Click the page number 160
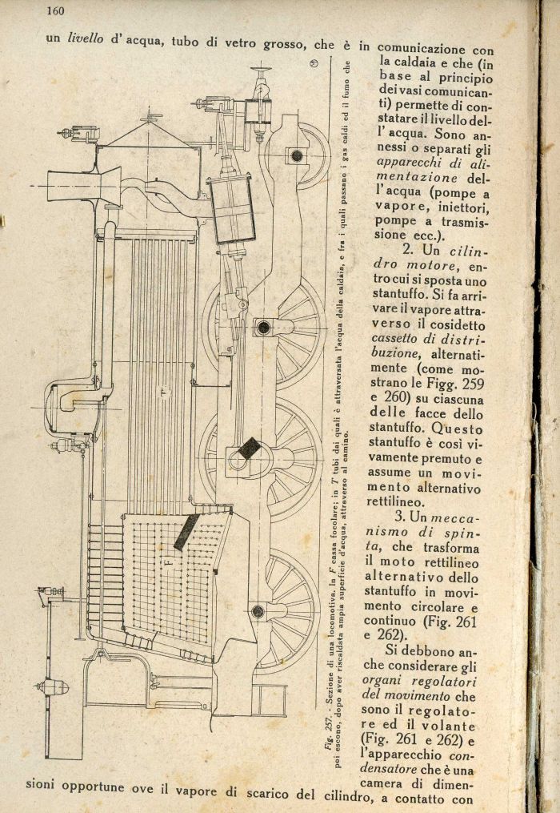coord(55,10)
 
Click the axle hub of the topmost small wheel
coord(296,155)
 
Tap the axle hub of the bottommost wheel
coord(258,612)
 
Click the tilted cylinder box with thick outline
coord(231,210)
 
